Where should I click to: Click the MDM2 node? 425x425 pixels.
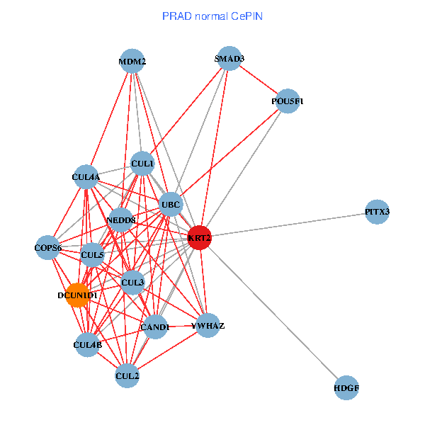click(132, 61)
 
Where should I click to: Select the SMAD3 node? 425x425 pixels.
click(229, 58)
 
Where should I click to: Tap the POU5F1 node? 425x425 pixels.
click(287, 101)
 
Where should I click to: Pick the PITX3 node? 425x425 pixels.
click(377, 212)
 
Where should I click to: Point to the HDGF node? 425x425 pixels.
click(346, 388)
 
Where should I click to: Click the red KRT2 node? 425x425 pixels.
click(199, 238)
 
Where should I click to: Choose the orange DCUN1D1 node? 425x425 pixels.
click(77, 295)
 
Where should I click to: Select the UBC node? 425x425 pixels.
click(171, 205)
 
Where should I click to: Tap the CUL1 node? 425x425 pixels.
click(142, 164)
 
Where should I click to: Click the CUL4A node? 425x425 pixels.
click(86, 176)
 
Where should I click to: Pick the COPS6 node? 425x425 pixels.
click(48, 247)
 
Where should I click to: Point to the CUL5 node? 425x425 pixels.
click(92, 254)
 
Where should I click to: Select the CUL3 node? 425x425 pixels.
click(132, 282)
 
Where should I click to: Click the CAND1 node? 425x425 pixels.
click(154, 327)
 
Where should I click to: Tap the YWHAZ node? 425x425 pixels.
click(207, 325)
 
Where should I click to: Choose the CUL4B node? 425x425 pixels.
click(87, 345)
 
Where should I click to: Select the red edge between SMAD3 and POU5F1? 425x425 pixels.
click(258, 79)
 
